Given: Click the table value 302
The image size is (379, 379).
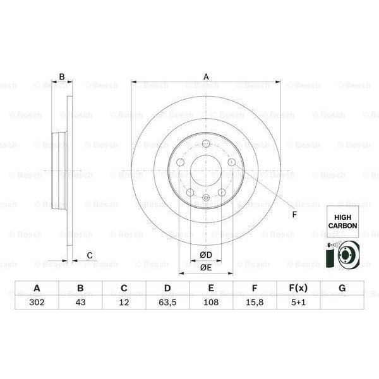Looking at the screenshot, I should [37, 302].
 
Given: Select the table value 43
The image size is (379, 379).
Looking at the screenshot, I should [80, 302].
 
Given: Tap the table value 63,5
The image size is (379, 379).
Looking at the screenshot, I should [167, 302].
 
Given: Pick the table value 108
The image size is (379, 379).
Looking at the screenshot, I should [211, 302].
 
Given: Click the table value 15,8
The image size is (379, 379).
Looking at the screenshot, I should [254, 302].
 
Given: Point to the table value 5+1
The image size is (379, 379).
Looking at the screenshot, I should [298, 302].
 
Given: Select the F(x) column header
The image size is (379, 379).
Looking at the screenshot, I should [298, 289].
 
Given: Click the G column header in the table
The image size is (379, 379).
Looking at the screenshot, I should [342, 289].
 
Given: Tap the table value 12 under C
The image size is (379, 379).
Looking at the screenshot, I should [124, 302].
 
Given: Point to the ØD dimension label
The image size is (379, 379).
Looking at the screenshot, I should [206, 255].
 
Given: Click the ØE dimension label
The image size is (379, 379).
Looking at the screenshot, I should [206, 268].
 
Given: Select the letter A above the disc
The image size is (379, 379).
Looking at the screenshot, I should [206, 76].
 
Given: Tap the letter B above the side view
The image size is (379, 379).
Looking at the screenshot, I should [62, 76].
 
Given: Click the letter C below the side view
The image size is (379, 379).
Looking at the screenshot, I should [90, 255].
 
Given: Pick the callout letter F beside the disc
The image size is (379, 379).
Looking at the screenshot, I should [294, 214].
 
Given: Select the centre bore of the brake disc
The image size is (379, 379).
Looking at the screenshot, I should [206, 171].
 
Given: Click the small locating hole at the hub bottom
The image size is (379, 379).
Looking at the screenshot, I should [206, 198].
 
